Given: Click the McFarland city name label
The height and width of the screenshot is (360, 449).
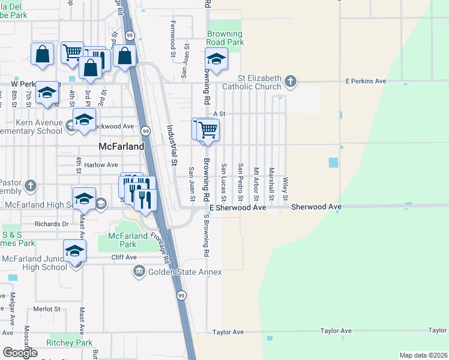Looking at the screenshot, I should (x=121, y=146).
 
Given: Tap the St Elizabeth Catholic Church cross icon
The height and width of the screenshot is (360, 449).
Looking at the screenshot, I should (x=290, y=80).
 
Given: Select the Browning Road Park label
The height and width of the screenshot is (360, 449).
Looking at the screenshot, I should (x=225, y=38).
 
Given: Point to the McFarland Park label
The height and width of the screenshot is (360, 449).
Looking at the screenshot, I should (x=127, y=240).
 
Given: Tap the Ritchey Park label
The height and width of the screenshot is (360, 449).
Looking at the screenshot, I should (x=69, y=343).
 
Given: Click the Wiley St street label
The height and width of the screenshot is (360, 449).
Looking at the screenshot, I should (x=286, y=189).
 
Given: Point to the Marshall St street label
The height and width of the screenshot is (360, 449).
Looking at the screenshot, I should (x=271, y=184).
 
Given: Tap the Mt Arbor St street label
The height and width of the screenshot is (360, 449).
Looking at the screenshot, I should (x=256, y=184).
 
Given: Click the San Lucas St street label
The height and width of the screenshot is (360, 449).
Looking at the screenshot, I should (x=224, y=182).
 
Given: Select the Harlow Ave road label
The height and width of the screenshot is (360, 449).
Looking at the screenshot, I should (x=101, y=165).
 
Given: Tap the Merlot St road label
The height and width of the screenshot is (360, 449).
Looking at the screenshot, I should (x=47, y=309).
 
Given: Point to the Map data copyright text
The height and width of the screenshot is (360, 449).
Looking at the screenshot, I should (x=423, y=355).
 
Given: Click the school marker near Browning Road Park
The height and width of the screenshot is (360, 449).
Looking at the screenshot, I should (x=216, y=59).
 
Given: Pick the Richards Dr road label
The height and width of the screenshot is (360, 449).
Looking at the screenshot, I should (x=52, y=224).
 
